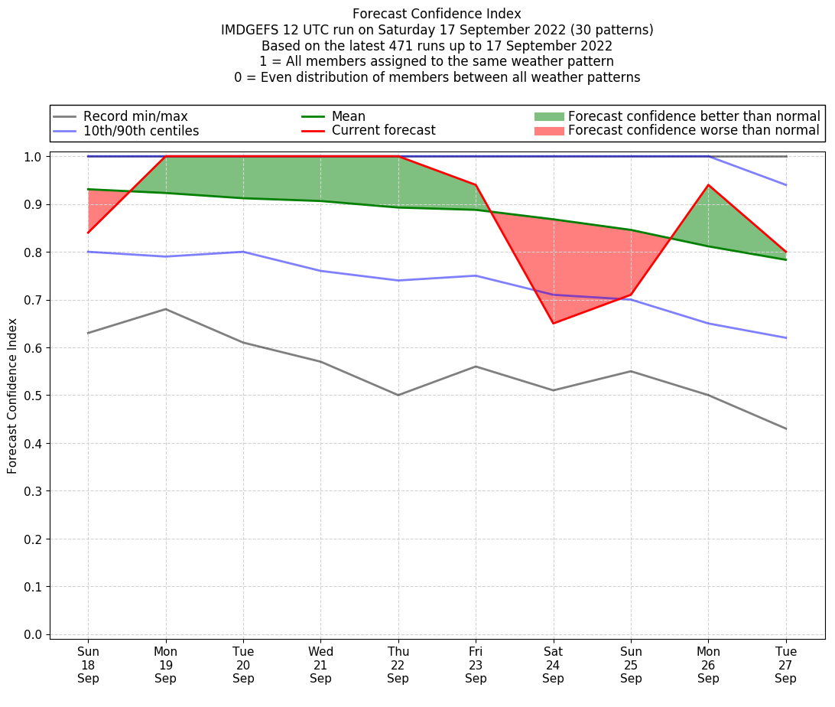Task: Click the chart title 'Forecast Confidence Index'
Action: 437,14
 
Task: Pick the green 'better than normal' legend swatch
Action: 548,116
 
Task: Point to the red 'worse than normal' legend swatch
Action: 548,131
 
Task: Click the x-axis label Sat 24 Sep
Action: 553,665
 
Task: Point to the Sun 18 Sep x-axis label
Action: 88,665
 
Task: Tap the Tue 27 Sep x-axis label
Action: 786,665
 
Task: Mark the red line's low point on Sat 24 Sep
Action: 553,324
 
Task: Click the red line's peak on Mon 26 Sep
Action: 708,185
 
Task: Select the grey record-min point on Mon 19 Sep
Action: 165,309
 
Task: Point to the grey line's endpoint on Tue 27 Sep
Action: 786,428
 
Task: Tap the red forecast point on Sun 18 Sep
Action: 88,233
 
